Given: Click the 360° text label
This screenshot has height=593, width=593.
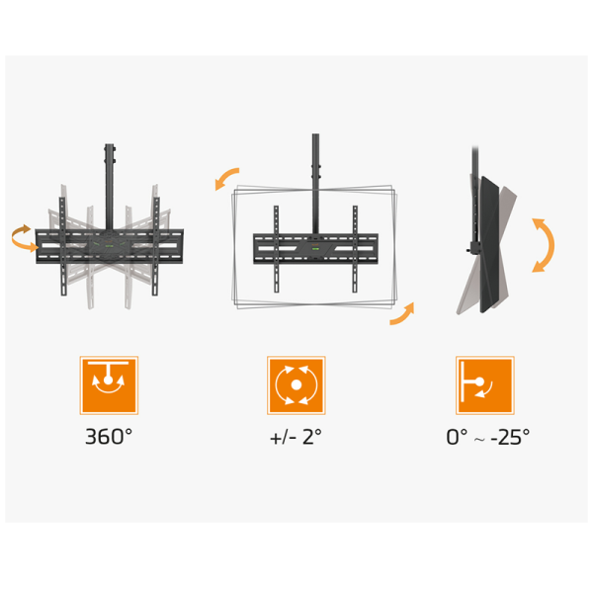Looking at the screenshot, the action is [109, 437].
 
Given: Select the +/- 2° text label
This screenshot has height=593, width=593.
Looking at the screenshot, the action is [296, 437].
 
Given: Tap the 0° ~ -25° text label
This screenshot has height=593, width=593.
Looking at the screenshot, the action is [488, 437].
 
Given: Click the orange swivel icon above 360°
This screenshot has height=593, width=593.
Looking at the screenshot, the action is [109, 385].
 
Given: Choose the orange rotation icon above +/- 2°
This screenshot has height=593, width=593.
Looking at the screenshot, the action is [296, 385].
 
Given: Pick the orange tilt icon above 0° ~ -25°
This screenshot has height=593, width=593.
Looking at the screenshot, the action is [485, 385].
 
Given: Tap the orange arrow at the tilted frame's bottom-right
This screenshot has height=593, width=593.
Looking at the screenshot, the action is [403, 314].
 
